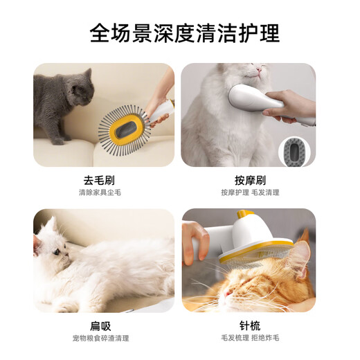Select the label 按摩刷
pos(250,180)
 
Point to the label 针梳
pos(250,326)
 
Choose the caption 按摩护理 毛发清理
pos(250,192)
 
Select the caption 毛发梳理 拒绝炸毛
pos(250,339)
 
